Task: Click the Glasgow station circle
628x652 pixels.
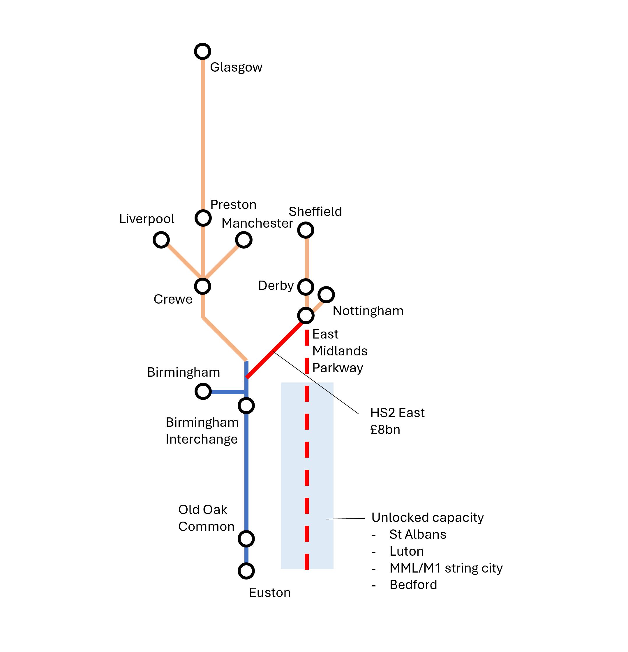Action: pos(202,52)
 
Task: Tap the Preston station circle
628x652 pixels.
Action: pos(203,218)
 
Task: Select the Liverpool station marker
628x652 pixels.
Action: pos(161,240)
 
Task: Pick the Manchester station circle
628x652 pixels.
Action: pos(243,240)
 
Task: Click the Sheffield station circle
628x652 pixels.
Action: pos(306,230)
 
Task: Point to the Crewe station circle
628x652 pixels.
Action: pos(202,286)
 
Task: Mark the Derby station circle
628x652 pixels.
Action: pos(306,287)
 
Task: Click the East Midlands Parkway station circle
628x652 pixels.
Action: pos(306,315)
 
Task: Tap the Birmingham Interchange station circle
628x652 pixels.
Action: pos(246,405)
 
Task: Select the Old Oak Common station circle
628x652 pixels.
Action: pos(246,538)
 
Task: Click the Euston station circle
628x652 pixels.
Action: pos(246,571)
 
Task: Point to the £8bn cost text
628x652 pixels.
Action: pos(385,430)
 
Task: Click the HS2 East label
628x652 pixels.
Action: pos(397,413)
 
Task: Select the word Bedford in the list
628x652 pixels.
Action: pos(413,584)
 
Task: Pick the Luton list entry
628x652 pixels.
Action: pos(406,551)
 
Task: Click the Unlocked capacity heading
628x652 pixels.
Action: pos(427,518)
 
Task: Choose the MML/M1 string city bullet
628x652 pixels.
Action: pos(446,568)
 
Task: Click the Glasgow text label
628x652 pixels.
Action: pos(236,67)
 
